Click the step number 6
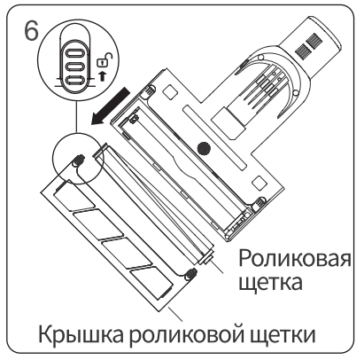(31, 31)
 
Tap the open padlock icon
(105, 60)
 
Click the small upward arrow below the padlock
(103, 75)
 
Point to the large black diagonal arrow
(110, 106)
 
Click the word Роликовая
(295, 259)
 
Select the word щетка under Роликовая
(270, 283)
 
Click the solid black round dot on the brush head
(204, 147)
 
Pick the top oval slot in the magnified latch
(74, 53)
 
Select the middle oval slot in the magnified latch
(74, 67)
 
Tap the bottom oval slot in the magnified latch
(74, 81)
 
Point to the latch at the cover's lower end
(190, 273)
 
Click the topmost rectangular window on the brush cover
(74, 195)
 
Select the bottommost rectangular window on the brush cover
(151, 282)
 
